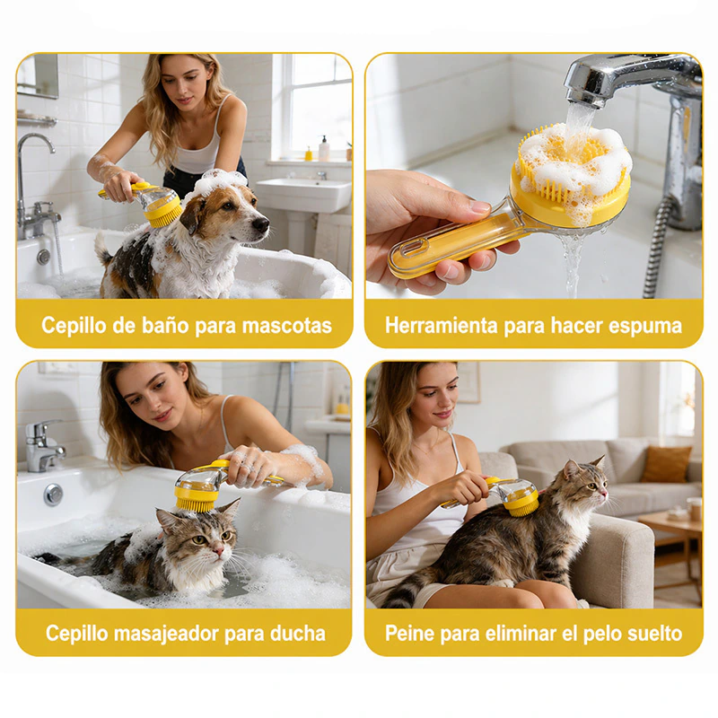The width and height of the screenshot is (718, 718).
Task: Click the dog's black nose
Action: [x=261, y=223]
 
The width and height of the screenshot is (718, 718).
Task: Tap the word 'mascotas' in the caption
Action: [x=286, y=326]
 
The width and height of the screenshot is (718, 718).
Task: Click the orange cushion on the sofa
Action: [x=666, y=464]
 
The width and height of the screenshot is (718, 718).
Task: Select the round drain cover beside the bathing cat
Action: [x=53, y=495]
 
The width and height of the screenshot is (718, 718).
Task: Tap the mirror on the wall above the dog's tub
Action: [x=38, y=75]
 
